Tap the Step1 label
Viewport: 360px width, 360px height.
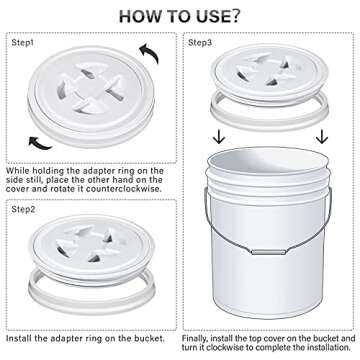pos(23,44)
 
